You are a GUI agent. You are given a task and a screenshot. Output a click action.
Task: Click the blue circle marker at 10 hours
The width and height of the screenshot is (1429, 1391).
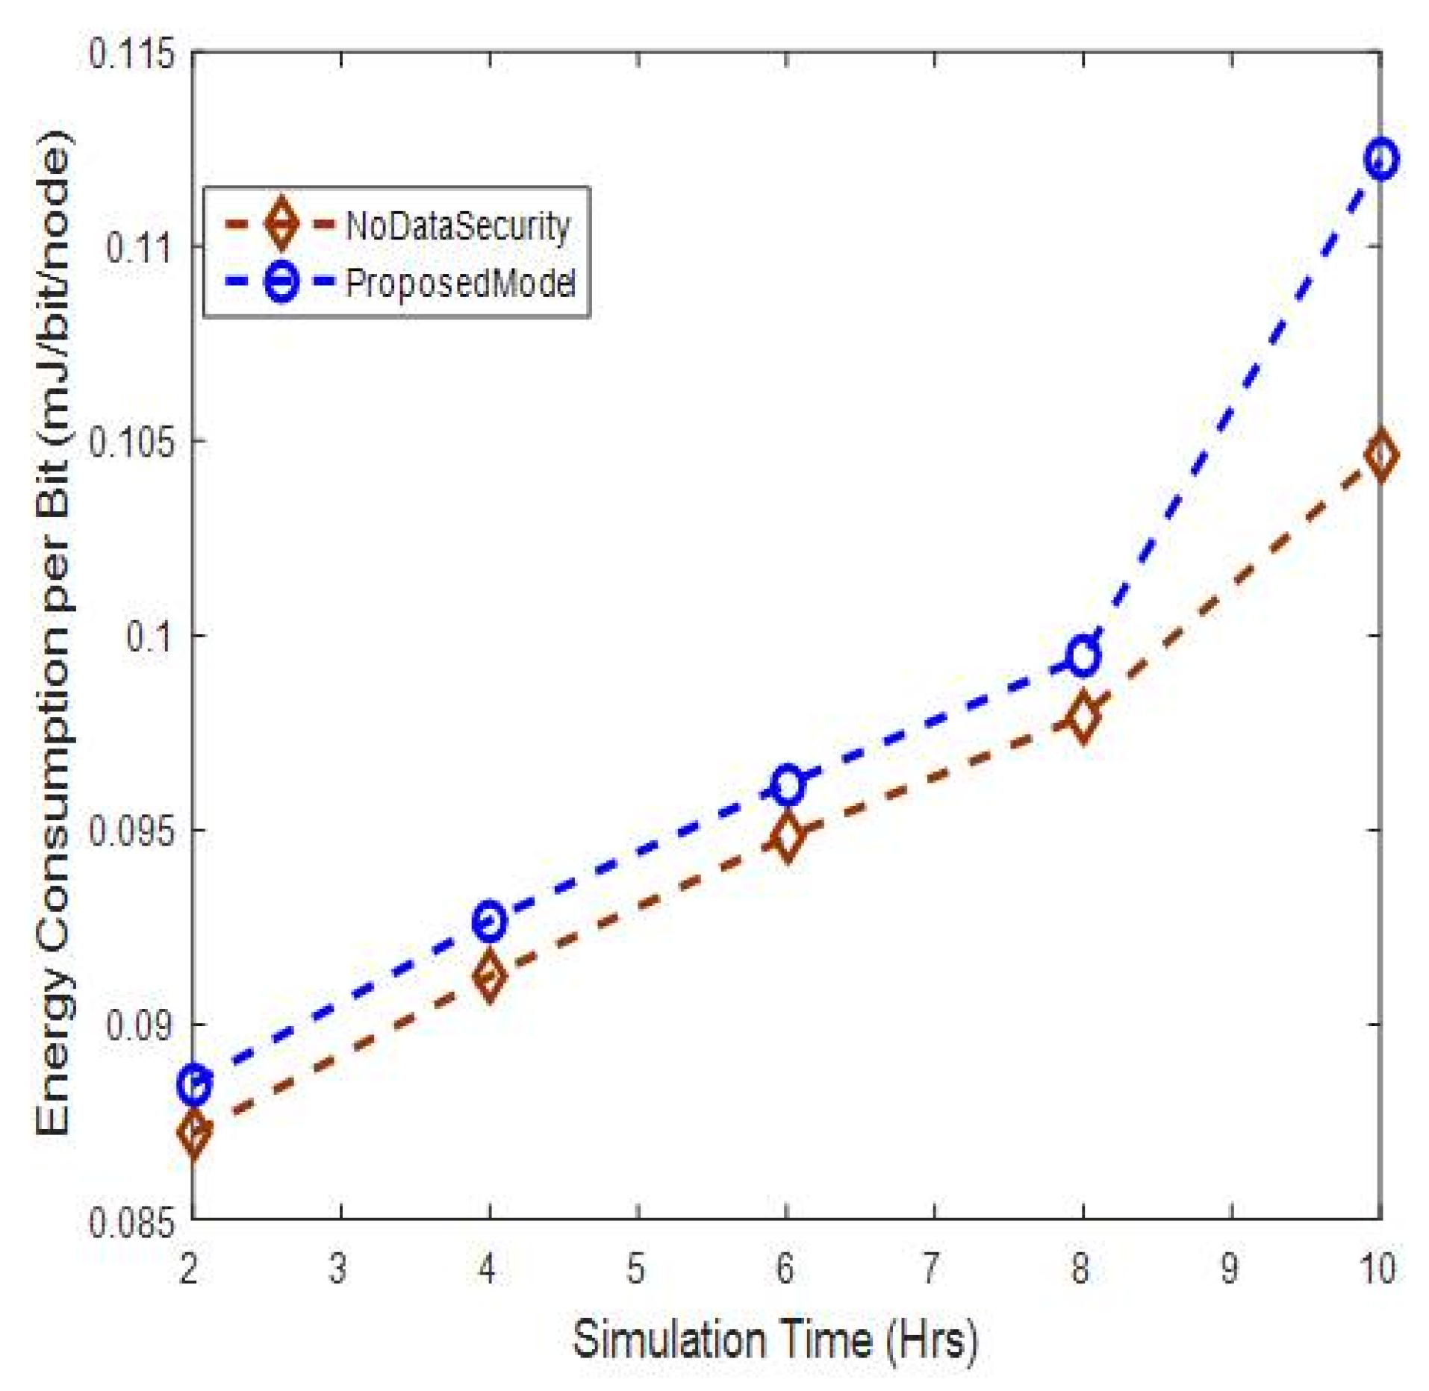point(1380,159)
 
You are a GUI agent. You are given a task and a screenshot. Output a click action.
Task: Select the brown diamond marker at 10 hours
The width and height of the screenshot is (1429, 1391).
point(1380,455)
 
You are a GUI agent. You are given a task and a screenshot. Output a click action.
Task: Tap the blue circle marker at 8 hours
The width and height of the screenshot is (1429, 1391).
point(1083,657)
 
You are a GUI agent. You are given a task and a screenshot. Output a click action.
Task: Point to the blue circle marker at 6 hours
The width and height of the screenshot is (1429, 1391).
point(786,784)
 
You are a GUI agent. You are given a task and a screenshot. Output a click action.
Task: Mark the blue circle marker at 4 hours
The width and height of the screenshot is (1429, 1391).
point(489,921)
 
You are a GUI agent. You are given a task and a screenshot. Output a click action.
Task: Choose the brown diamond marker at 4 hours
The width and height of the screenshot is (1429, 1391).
point(489,975)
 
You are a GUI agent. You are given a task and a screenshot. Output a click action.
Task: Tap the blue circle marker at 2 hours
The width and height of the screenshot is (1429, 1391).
point(194,1083)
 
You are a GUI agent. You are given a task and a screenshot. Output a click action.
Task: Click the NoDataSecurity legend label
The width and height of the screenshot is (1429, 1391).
point(457,225)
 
